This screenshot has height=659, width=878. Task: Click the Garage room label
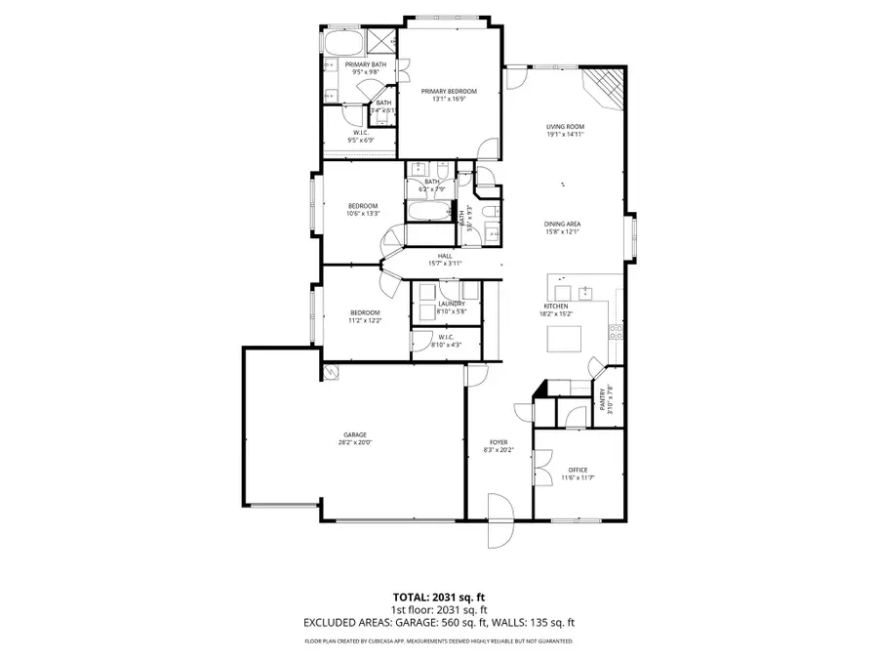pos(354,434)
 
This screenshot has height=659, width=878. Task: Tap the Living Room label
pos(564,127)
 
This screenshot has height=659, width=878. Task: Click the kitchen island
pos(564,338)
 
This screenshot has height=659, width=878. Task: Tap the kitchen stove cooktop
pos(615,331)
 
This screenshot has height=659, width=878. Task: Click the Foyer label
pos(498,442)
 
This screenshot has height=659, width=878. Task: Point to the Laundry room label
pos(450,304)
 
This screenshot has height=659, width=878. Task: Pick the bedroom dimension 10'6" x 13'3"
pos(363,213)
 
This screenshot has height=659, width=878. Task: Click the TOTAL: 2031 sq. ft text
pos(438,596)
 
